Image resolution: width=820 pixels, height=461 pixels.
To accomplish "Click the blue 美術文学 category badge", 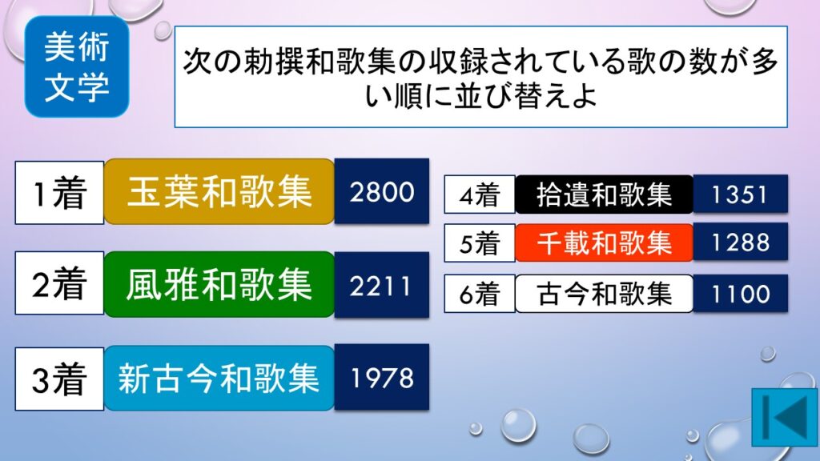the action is point(77,66).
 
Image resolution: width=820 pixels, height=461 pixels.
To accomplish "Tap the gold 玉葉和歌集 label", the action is point(219,191).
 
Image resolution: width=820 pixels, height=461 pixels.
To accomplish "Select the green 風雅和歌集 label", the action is point(219,284).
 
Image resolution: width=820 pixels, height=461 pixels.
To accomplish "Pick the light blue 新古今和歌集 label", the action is point(219,378).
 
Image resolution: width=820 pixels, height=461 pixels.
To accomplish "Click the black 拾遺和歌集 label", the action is point(604,194).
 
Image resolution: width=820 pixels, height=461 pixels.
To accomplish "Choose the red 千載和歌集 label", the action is point(604,243).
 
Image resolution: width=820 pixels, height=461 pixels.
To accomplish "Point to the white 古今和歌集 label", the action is point(604,293).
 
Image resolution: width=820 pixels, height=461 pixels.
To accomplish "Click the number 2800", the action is point(382,191).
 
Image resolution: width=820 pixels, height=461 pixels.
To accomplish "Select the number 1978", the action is point(382,378).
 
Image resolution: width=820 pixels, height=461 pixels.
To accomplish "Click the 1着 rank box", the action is point(59,192).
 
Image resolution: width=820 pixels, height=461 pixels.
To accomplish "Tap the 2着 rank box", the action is point(59,283).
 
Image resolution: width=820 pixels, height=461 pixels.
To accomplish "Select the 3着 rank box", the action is point(59,379).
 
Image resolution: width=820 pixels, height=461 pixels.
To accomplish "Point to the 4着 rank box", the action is point(480,194).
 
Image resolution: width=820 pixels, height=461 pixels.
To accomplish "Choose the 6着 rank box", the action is point(480,293).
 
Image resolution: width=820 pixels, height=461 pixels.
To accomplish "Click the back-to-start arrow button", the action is point(785,417).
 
